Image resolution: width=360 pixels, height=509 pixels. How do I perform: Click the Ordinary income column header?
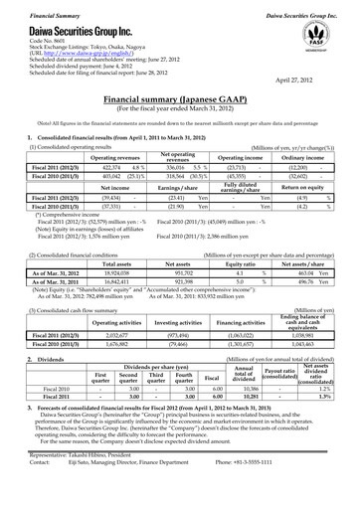[299, 129]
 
